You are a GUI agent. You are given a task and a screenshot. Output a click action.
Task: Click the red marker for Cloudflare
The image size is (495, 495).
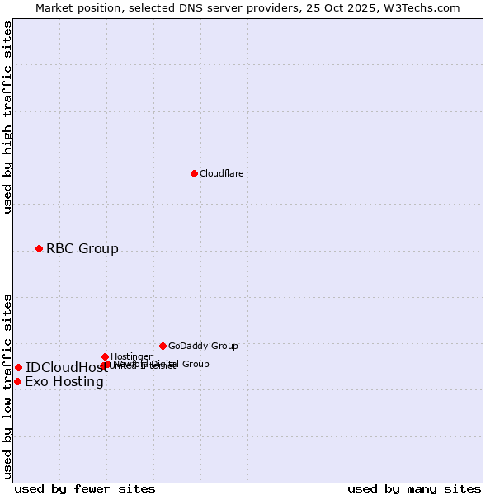coord(194,173)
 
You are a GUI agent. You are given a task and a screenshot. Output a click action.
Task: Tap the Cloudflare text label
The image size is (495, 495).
coord(221,173)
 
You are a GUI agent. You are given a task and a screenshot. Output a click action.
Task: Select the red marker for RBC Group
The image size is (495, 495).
coord(39,248)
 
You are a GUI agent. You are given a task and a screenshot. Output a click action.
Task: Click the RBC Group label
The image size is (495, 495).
coord(82,248)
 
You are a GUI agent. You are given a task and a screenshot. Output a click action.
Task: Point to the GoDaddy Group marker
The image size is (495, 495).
coord(163,346)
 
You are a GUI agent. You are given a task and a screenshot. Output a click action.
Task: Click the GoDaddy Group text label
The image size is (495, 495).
coord(203,346)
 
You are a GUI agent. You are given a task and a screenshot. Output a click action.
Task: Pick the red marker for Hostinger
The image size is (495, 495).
coord(105,356)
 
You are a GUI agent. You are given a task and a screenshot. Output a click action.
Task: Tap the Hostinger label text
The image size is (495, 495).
coord(131,356)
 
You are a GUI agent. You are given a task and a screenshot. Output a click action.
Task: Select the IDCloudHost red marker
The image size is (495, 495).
coord(18,367)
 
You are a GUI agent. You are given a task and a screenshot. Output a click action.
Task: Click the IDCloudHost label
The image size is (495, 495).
coord(66,368)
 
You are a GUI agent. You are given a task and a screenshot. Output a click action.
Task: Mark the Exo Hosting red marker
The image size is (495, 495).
coord(17,381)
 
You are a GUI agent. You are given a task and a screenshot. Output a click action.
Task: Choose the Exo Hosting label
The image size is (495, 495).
coord(64,381)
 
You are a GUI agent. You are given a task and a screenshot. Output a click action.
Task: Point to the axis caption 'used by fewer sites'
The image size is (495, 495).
coord(85,488)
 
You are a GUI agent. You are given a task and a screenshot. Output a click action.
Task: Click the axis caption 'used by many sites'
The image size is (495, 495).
coord(414,488)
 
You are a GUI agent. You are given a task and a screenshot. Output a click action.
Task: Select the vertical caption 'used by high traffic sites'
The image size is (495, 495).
coord(7,117)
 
